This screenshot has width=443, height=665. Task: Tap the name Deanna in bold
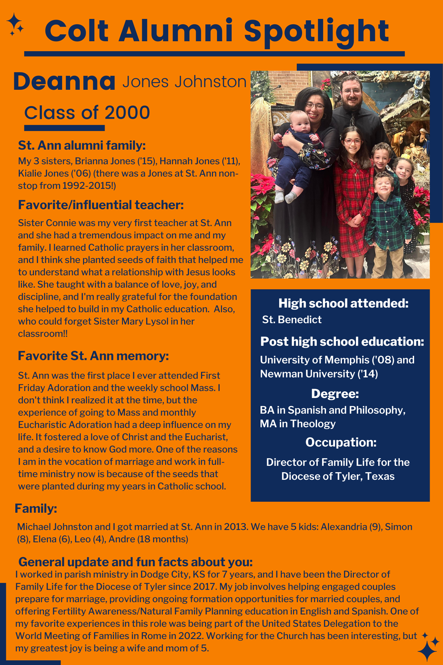point(64,82)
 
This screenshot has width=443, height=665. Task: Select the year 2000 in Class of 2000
point(127,113)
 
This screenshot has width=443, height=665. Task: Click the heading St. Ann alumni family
point(82,145)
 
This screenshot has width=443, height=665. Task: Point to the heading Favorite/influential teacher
point(101,205)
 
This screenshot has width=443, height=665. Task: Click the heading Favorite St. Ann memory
point(93,356)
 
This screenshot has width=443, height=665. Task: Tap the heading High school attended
point(343,303)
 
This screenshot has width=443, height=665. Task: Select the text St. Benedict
point(291,320)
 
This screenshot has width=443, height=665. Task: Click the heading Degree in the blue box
point(335,394)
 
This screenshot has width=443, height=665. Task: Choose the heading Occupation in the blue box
point(341,442)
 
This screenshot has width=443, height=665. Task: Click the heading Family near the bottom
point(36,508)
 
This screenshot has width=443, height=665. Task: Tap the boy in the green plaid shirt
point(387,219)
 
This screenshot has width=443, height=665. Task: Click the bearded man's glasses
point(351,91)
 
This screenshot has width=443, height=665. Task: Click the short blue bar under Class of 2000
point(64,128)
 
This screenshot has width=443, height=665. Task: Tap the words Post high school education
point(342,341)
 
